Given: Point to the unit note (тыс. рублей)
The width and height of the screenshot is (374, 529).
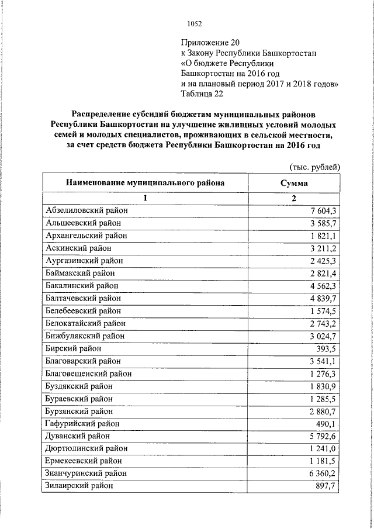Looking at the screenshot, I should pos(315,167).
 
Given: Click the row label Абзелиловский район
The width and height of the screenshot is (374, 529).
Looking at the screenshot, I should pos(86,210).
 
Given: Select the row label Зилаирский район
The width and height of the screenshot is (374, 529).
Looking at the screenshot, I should pos(79,486).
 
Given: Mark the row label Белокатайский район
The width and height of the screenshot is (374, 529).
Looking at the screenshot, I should pos(85,323).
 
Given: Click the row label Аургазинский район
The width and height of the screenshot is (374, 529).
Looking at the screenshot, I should pos(84,261).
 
